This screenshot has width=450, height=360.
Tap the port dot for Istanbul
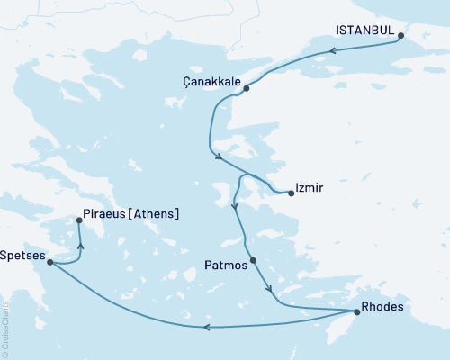400,37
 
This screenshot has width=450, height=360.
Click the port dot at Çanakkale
246,88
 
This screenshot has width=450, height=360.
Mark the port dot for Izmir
291,192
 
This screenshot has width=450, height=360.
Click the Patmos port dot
253,261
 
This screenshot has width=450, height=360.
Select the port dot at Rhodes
357,312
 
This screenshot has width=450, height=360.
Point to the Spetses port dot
49,262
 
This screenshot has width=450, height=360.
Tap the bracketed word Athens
154,214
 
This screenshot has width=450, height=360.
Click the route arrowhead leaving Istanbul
332,50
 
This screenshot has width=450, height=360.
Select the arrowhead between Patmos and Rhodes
270,289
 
